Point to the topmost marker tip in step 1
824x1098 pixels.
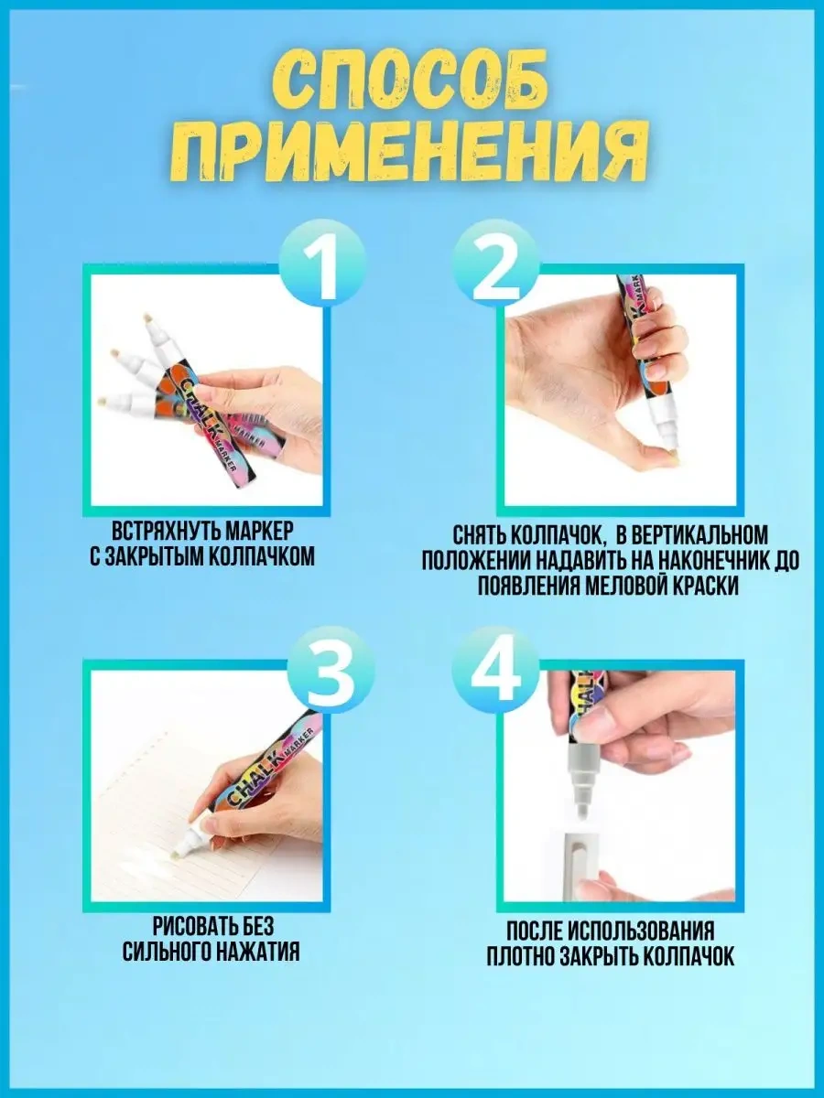point(147,318)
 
